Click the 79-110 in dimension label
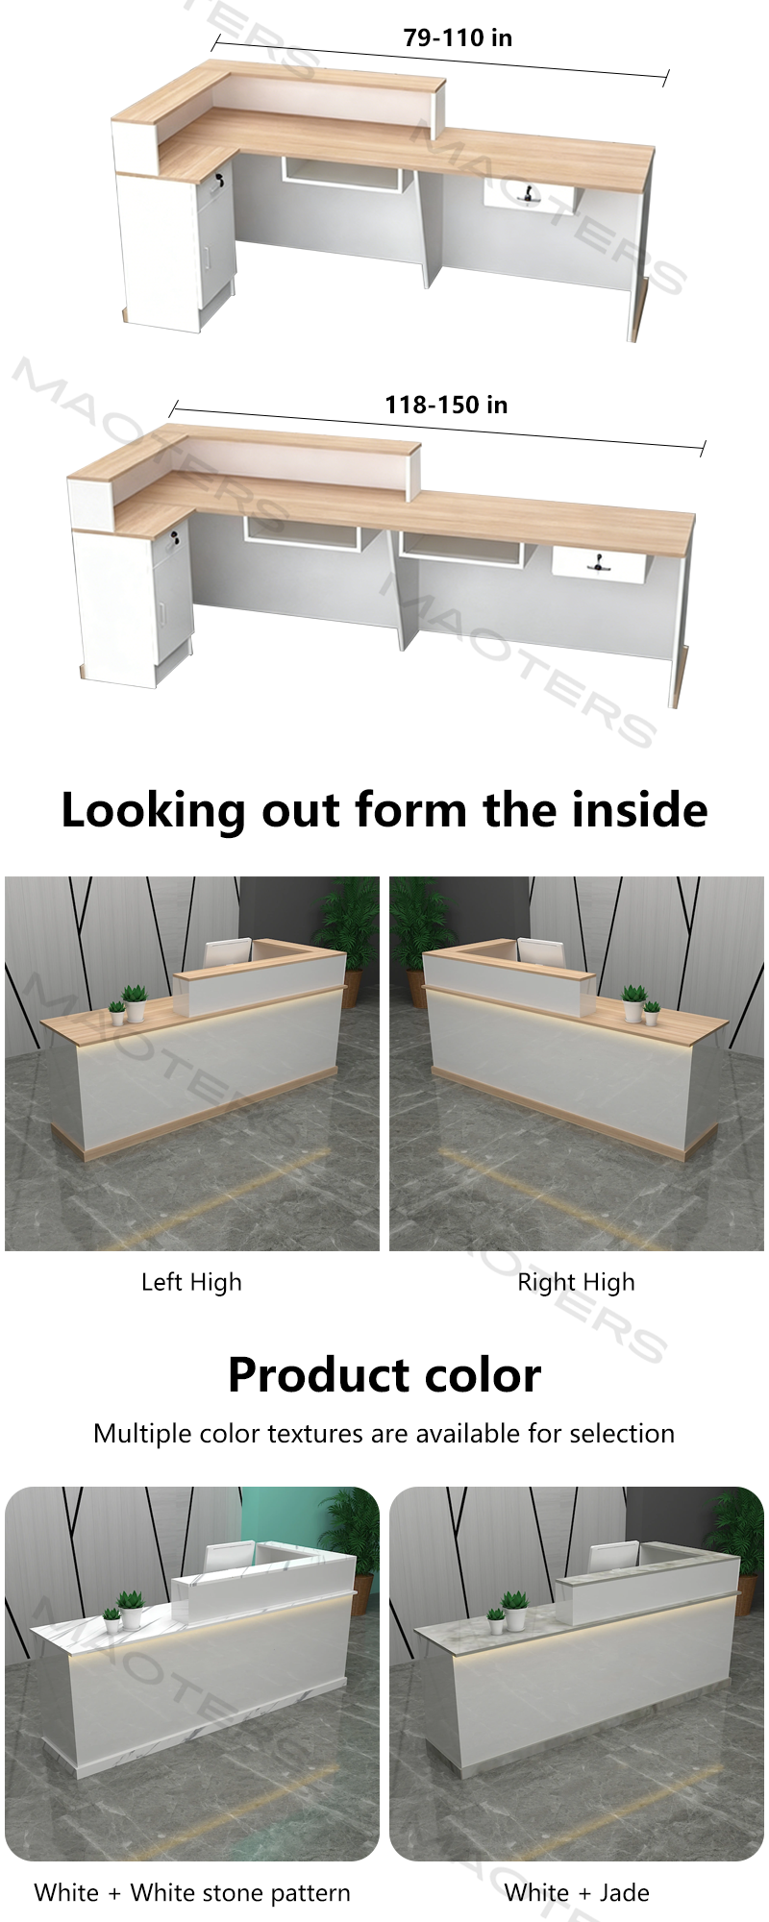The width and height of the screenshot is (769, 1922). [458, 37]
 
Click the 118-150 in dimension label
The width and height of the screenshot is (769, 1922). [446, 405]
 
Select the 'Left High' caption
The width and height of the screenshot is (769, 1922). [191, 1283]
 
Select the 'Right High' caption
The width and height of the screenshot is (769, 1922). [576, 1283]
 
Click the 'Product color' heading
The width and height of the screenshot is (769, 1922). [384, 1374]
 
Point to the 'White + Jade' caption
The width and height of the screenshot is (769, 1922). [577, 1892]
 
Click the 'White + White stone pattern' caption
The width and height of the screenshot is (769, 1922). [192, 1893]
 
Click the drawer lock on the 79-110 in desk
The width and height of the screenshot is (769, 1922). [529, 194]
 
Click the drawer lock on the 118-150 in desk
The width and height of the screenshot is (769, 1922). [597, 562]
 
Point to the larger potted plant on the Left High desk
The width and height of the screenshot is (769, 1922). [135, 1001]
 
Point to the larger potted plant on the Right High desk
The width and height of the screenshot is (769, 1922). [633, 1001]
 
